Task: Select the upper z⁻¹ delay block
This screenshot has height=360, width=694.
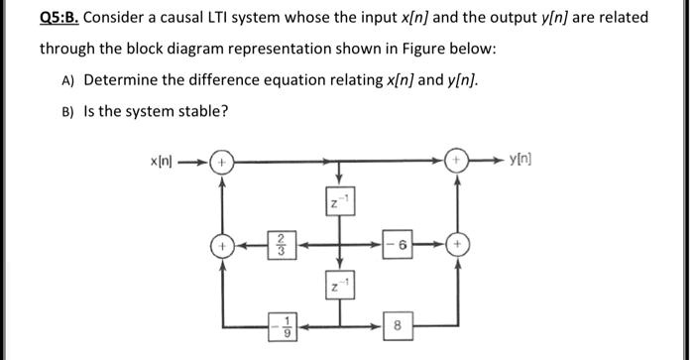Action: click(x=339, y=204)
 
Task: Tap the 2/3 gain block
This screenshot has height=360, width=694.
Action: click(x=282, y=243)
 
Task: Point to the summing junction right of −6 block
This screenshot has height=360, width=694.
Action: click(x=457, y=243)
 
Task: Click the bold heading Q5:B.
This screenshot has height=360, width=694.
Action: click(x=60, y=18)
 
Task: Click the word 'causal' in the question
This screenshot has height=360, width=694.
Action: click(x=193, y=18)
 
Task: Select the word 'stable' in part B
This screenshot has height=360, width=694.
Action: click(x=202, y=109)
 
